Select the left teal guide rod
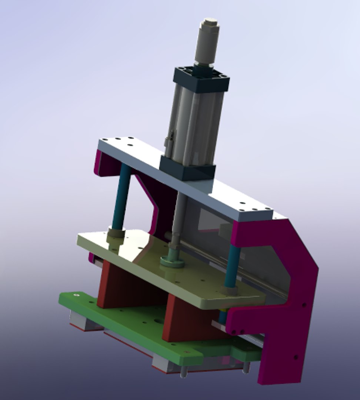coord(122,196)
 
